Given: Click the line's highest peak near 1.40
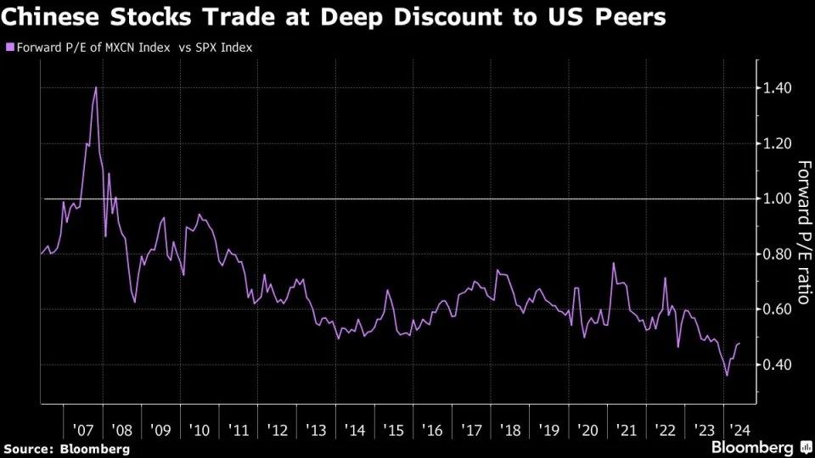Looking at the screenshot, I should coord(95,87).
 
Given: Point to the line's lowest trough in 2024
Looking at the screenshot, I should coord(726,376).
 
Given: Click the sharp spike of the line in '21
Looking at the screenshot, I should coord(613,263).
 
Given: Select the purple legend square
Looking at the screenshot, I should coord(9,47).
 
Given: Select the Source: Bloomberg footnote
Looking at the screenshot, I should coord(66,447).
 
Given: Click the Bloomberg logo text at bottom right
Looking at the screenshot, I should coord(751,446).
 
